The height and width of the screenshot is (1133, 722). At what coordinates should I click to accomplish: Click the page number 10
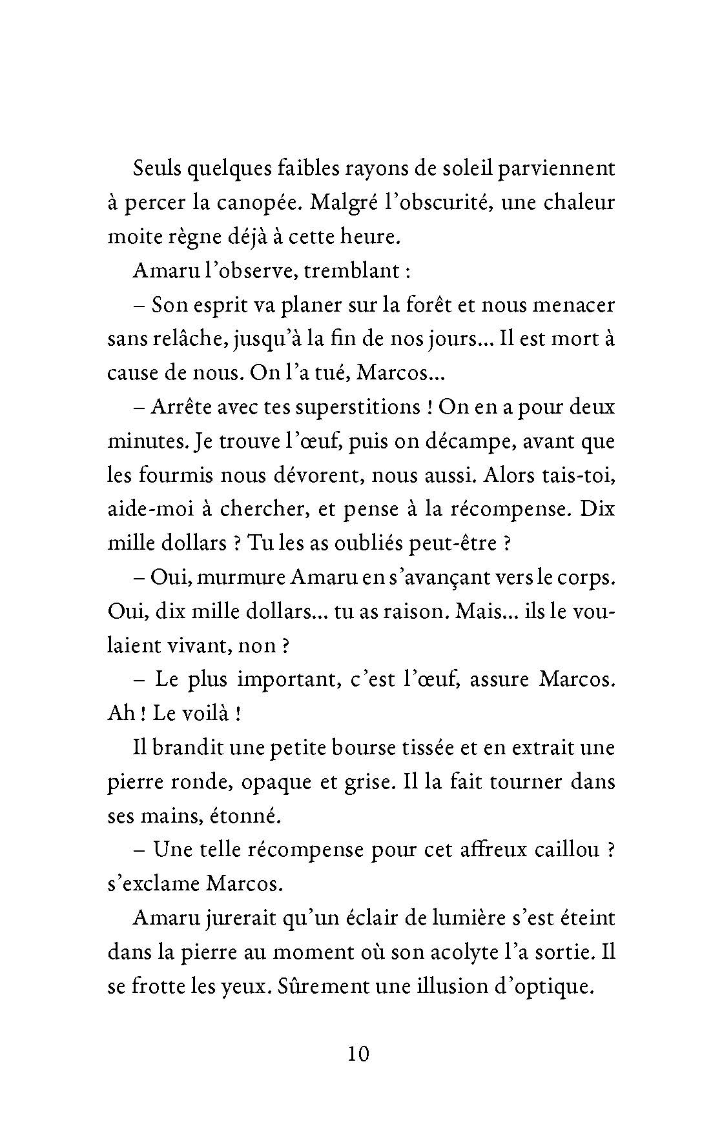358,1054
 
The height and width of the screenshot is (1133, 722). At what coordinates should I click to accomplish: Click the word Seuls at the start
157,168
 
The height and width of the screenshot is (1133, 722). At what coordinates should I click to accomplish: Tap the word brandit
188,748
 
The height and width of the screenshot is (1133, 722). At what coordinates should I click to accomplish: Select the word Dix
597,509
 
